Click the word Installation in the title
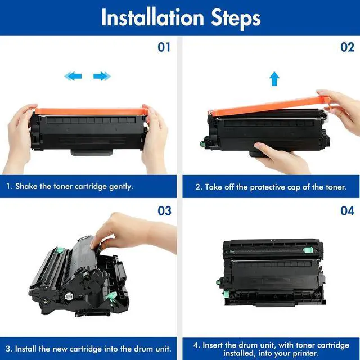[152, 17]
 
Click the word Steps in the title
[236, 19]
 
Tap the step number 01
[164, 47]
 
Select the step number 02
[348, 47]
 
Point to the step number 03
[164, 211]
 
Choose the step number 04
[348, 211]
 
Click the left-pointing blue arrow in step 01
[73, 76]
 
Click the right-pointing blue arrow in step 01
[102, 76]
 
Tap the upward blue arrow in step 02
[274, 79]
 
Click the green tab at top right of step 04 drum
[308, 250]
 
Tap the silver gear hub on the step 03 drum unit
[68, 296]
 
